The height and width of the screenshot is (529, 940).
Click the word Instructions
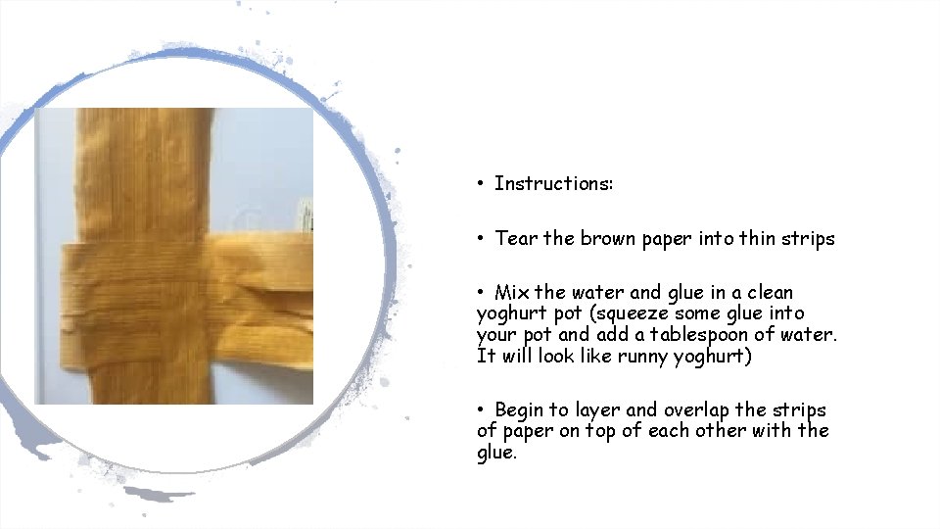(x=553, y=184)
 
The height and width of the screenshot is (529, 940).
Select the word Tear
(x=517, y=239)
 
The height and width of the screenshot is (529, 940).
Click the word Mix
(x=512, y=293)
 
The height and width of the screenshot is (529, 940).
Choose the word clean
(x=769, y=293)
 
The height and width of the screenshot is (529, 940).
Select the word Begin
(x=522, y=410)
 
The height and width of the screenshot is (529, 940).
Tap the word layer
(x=598, y=410)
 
